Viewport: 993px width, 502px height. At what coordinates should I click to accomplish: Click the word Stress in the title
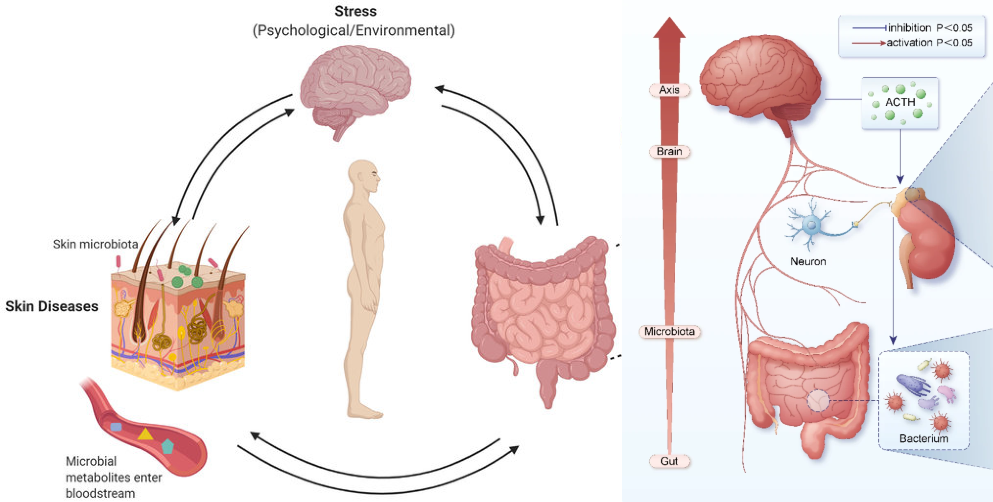click(355, 11)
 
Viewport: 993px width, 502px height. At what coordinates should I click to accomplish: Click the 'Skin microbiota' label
click(95, 244)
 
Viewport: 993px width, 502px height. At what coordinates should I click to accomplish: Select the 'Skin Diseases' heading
click(52, 306)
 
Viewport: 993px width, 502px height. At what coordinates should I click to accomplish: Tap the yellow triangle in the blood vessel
click(144, 434)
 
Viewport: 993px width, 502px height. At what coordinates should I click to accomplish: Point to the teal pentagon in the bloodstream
click(167, 446)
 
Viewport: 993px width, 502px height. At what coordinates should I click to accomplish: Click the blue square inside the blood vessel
click(116, 427)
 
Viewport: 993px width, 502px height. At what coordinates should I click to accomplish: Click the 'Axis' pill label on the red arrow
click(669, 90)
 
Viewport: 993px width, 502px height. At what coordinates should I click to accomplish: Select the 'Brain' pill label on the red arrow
click(669, 152)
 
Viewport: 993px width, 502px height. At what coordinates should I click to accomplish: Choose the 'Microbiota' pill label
click(669, 332)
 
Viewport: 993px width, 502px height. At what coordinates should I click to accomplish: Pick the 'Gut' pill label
click(669, 461)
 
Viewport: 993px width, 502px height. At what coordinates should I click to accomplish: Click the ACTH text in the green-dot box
click(900, 102)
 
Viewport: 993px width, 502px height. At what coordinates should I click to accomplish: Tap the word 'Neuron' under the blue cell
click(808, 262)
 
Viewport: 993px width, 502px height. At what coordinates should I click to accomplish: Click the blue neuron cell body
click(811, 226)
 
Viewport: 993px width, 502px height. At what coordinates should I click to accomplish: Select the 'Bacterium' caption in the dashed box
click(923, 438)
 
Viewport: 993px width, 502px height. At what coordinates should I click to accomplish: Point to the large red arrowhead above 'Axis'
click(669, 29)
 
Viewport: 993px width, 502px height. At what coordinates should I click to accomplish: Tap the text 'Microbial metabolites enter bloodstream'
click(114, 477)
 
